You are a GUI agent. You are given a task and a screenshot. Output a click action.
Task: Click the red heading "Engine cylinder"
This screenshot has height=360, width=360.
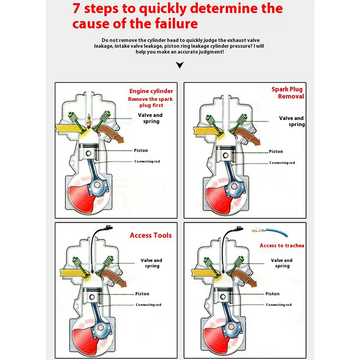click(x=151, y=91)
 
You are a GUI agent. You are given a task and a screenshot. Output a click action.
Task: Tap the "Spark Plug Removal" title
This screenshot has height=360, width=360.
click(x=288, y=93)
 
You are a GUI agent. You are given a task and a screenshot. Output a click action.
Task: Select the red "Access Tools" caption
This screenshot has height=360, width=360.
click(x=151, y=235)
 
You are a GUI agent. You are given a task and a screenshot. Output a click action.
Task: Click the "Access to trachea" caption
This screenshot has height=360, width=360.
click(x=282, y=245)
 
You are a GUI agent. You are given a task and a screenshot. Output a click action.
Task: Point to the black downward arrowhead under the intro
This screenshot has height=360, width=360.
click(x=180, y=65)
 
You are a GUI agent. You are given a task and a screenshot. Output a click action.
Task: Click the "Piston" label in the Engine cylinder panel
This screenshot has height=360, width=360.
click(x=140, y=150)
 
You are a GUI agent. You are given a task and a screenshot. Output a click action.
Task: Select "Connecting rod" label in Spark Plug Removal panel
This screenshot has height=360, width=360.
click(x=282, y=163)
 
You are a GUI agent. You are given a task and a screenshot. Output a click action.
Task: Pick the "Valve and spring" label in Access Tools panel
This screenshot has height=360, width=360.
click(x=152, y=263)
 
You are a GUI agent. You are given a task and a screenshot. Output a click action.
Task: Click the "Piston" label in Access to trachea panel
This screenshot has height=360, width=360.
click(x=272, y=294)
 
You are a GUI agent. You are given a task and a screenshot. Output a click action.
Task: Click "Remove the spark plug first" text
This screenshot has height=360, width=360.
click(x=150, y=102)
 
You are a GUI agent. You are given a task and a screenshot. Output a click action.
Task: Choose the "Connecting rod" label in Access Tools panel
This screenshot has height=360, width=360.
click(x=148, y=305)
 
